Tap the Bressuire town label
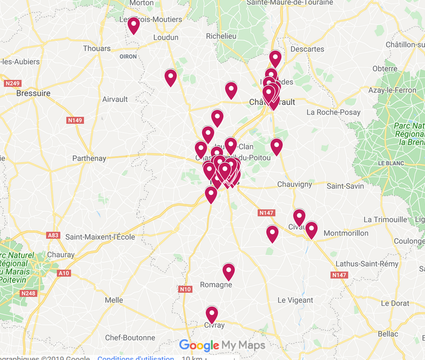(x=34, y=93)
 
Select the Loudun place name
(x=165, y=37)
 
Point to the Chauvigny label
(x=294, y=185)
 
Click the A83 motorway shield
(x=53, y=235)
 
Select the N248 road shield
(x=28, y=293)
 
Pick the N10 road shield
(x=185, y=289)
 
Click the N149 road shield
(x=75, y=121)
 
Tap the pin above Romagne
(x=229, y=271)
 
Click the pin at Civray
(x=212, y=314)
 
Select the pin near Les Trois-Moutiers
(x=134, y=25)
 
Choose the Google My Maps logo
(x=222, y=346)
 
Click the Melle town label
(x=114, y=300)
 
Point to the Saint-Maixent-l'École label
(x=100, y=237)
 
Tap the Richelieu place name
(x=221, y=36)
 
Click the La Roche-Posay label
(x=334, y=112)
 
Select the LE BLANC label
(x=391, y=162)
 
